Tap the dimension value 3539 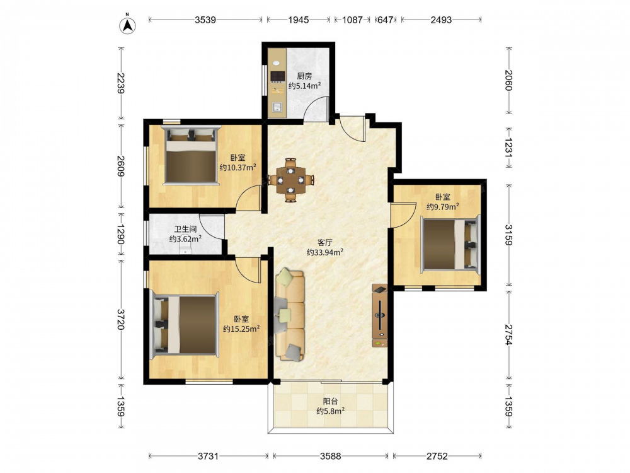205,20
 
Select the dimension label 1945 299,20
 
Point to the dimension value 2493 441,20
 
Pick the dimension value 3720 121,319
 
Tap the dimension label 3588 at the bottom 330,456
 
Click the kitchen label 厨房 304,76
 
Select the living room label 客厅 324,243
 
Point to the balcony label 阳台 330,401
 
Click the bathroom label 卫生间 185,229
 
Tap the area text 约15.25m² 241,329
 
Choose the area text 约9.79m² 443,207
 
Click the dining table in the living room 291,180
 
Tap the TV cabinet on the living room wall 380,316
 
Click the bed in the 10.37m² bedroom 192,155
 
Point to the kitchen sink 277,108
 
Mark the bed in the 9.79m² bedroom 450,245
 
